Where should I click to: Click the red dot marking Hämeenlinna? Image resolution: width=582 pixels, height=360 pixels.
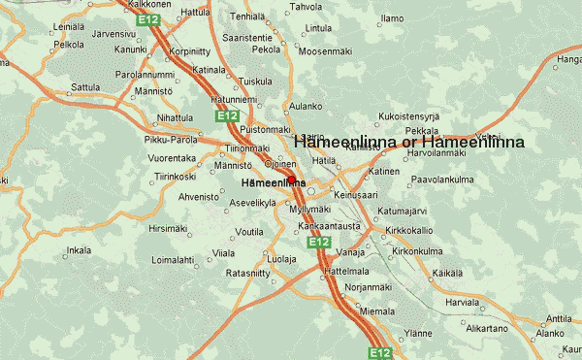tap(291, 180)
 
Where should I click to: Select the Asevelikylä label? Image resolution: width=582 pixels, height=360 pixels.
tap(250, 204)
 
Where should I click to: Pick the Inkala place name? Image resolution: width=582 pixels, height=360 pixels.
tap(79, 250)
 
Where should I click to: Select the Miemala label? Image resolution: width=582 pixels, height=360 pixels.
tap(376, 311)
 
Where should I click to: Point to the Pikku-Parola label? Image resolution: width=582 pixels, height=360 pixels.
tap(166, 140)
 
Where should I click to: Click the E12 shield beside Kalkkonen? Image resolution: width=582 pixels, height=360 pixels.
tap(149, 18)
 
